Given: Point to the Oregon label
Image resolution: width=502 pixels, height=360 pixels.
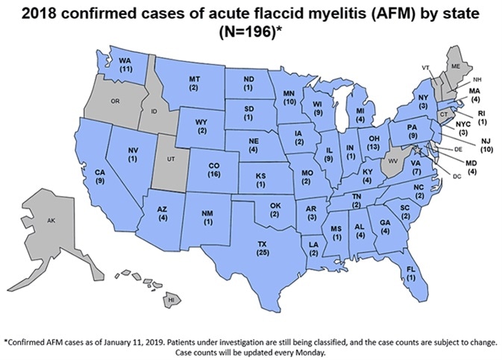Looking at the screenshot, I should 115,101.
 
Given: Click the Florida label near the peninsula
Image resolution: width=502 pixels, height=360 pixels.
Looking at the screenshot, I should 411,273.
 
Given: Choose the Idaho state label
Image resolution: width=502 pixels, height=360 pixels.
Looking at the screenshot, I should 153,111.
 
